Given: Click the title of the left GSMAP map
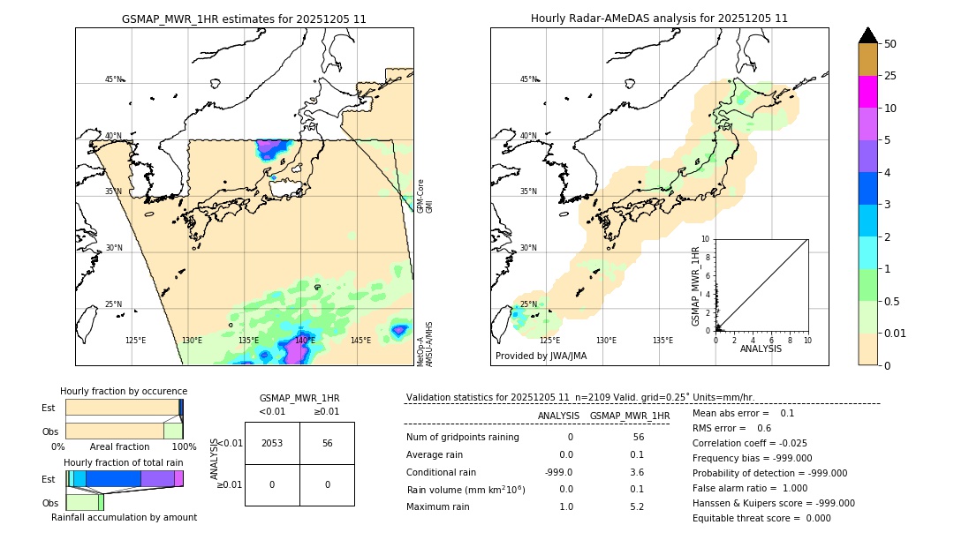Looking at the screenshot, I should coord(244,19).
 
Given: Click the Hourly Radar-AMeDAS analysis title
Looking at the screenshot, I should coord(659,19).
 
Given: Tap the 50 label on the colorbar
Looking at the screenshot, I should coord(890,44).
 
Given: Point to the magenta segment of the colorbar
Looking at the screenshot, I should coord(868,92).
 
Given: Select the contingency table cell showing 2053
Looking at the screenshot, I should coord(272,443).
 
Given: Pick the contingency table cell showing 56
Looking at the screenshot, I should coord(327,443).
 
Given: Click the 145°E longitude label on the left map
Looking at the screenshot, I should coord(360,341).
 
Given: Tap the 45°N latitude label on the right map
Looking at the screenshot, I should coord(528,79).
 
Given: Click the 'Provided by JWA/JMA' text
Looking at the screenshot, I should coord(541,356).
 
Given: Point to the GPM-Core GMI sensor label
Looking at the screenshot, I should coord(425,196).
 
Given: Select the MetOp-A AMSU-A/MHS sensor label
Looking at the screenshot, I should coord(425,344).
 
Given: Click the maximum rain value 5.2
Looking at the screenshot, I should coord(636,507).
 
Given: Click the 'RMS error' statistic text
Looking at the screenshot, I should coord(720,428).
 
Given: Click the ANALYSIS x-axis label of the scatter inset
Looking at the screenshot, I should coord(761,349).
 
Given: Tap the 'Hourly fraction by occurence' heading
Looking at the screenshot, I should coord(124,391).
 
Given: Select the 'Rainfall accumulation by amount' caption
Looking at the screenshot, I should coord(124,517).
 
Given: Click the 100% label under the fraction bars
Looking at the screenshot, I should coord(184,447).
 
